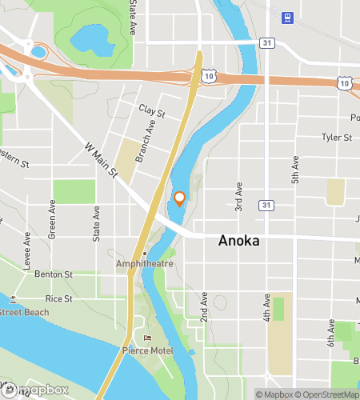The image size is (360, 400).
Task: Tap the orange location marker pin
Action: click(x=180, y=198)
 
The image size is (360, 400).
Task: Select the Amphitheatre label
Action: click(x=144, y=262)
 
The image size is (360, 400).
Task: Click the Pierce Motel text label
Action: click(x=145, y=350)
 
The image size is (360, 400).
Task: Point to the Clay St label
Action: click(x=150, y=110)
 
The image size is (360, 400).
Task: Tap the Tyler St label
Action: click(x=337, y=138)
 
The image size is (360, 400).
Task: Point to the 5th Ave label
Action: click(x=295, y=170)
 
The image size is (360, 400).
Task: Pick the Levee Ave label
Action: click(x=27, y=247)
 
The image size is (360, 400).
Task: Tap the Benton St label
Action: click(x=54, y=274)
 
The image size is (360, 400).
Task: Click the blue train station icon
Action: click(x=286, y=16)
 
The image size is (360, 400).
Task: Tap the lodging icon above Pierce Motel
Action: click(x=146, y=338)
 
